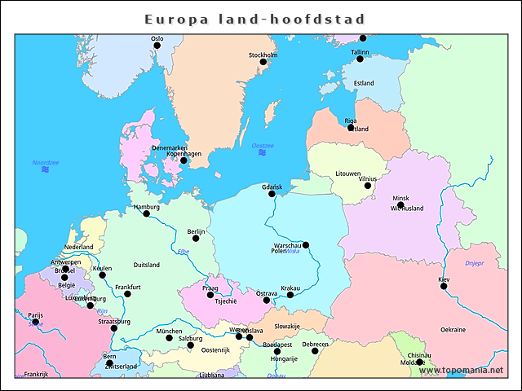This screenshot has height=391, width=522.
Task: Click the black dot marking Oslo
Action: [x=157, y=46]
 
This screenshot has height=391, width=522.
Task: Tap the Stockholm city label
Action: [x=263, y=55]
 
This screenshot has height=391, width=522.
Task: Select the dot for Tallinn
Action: [x=360, y=59]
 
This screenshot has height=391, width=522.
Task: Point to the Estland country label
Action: [x=364, y=83]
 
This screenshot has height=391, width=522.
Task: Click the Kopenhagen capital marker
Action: [x=184, y=160]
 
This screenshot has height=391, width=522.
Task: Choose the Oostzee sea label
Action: [x=263, y=146]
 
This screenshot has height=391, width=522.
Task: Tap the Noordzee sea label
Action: [x=46, y=163]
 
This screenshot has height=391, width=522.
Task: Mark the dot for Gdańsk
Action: [x=272, y=194]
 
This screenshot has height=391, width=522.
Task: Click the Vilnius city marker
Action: [x=368, y=186]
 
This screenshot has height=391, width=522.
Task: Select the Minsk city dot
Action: [x=400, y=205]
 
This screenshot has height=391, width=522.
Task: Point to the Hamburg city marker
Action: [x=147, y=213]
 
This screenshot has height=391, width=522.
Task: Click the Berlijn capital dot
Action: [x=196, y=239]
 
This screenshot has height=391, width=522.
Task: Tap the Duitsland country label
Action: [x=147, y=265]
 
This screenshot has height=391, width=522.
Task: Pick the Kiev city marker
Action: [x=444, y=286]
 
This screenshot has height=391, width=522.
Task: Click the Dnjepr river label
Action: [x=475, y=263]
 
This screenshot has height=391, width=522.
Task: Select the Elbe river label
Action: [x=183, y=252]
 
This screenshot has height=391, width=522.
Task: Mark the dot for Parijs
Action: [x=35, y=322]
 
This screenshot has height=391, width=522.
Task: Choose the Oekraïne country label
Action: [x=453, y=330]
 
